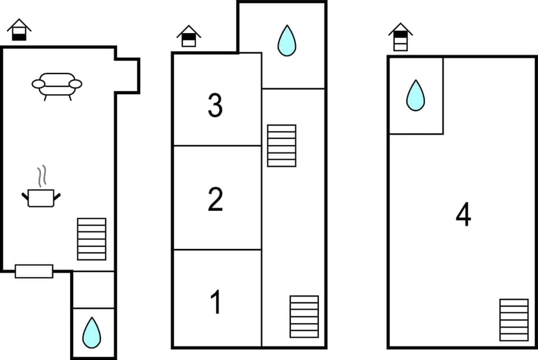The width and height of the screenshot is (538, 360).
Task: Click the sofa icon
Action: coord(57,86)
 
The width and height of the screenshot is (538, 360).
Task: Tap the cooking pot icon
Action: coord(41,197)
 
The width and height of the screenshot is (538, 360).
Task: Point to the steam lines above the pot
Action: coord(41,176)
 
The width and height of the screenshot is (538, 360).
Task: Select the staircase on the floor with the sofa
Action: coord(91,239)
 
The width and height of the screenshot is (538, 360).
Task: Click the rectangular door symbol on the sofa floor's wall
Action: coord(34,271)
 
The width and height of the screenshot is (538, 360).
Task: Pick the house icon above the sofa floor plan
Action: coord(19,30)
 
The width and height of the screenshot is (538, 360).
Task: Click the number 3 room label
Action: coord(215,107)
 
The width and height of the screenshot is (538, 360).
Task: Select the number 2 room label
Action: coord(215,200)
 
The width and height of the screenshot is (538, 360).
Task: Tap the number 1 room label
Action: coord(216,302)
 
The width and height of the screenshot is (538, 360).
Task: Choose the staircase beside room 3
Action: coord(281,146)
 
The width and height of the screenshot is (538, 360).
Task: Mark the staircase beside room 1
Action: coord(304,316)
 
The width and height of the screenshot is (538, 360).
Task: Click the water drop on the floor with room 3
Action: coord(287,40)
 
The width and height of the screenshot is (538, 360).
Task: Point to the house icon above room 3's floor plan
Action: coord(189,36)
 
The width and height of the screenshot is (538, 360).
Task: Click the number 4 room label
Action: coord(463,215)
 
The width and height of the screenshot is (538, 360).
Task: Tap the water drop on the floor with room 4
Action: coord(415,95)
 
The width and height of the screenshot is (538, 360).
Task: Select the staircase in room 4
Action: coord(514,320)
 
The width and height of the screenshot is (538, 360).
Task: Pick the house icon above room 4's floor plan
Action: coord(400,37)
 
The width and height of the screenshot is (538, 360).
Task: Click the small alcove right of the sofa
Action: coord(127,76)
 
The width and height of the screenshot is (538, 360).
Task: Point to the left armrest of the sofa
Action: coord(38,84)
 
